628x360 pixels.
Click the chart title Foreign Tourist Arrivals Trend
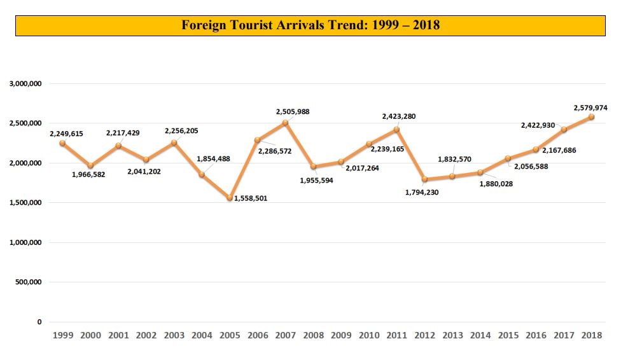pos(311,25)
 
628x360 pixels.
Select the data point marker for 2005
pos(230,198)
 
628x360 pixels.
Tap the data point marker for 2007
pos(286,123)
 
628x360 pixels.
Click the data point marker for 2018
pos(591,117)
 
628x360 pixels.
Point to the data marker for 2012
pos(424,179)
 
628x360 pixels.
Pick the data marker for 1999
pos(62,143)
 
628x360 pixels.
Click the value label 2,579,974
pos(590,108)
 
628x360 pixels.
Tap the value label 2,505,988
pos(293,112)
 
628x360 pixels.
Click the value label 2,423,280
pos(399,117)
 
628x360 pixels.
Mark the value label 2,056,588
pos(531,167)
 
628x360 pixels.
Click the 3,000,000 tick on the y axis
pos(25,84)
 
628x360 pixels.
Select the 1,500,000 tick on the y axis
pos(25,203)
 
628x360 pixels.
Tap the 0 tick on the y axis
pos(39,322)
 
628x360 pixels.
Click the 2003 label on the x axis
pos(174,335)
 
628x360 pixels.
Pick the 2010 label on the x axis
pos(369,335)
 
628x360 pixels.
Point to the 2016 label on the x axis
pos(536,335)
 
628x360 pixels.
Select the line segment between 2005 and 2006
pos(244,169)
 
